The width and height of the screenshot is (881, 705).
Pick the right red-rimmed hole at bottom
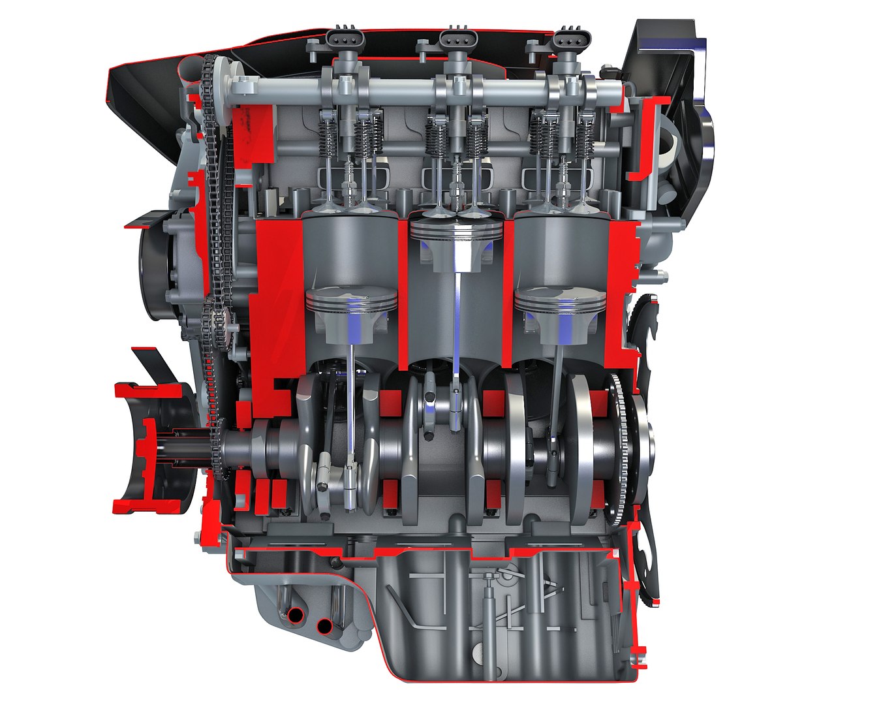pos(323,627)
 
